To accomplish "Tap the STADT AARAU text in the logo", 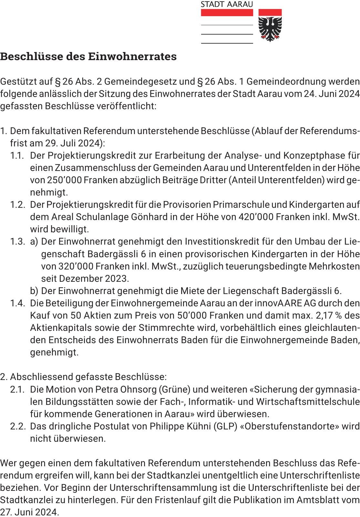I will coord(227,4).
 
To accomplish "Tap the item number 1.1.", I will coord(17,156).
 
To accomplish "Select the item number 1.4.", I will coord(17,303).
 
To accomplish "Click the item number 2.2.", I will coord(18,427).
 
